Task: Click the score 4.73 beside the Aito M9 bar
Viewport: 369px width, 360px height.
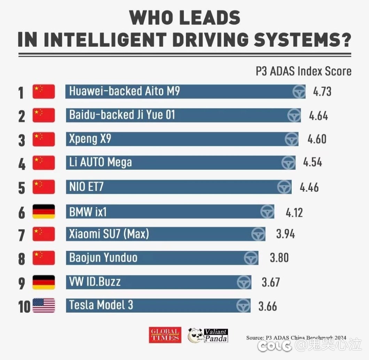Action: tap(322, 92)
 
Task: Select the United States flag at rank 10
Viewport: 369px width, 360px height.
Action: tap(44, 306)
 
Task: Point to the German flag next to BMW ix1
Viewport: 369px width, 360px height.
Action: tap(44, 212)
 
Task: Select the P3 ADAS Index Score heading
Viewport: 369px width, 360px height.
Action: tap(304, 71)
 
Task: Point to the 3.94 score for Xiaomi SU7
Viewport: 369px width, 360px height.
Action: tap(285, 234)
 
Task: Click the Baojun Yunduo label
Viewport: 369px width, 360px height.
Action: tap(103, 258)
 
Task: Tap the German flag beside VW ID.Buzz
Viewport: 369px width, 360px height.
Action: tap(44, 282)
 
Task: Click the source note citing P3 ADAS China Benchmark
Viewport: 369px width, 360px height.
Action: tap(296, 337)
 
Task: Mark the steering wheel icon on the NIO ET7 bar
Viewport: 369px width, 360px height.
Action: tap(284, 187)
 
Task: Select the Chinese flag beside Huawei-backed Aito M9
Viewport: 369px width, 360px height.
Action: tap(44, 92)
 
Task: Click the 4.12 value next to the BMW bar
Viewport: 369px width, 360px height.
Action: tap(294, 212)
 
